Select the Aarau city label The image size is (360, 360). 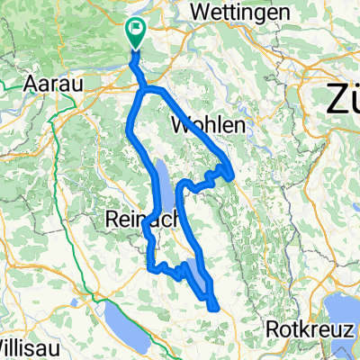click(x=52, y=83)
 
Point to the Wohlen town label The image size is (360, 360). click(x=213, y=127)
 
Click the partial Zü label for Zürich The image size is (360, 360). click(x=343, y=95)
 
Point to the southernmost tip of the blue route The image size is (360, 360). click(x=216, y=308)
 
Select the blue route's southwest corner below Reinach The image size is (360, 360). click(x=149, y=266)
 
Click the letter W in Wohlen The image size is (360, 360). click(x=190, y=127)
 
